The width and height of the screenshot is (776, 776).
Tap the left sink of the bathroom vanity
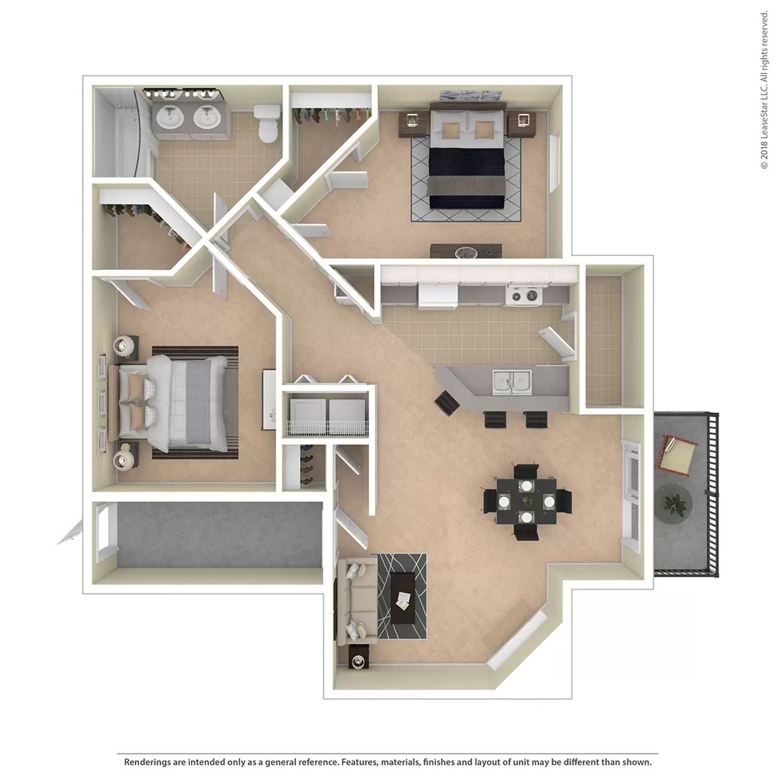pos(170,117)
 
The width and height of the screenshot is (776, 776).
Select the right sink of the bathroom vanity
pos(207,117)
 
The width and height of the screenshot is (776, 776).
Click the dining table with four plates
pos(526,501)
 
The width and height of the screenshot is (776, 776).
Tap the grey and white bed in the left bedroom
pos(173,403)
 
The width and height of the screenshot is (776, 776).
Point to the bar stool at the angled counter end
pos(448,402)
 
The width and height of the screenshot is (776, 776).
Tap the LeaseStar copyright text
pos(764,91)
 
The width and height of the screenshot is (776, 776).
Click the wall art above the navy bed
pos(471,96)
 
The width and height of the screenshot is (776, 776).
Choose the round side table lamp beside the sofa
pos(358,661)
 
